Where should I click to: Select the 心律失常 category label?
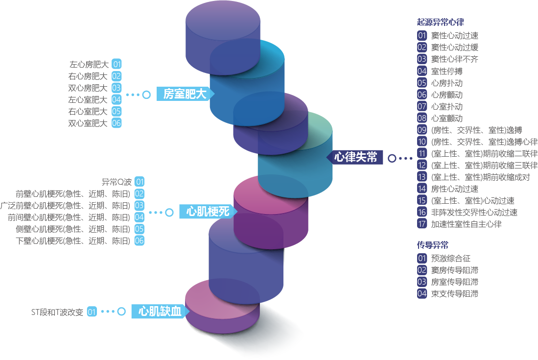coord(356,157)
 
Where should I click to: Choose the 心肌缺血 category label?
coord(160,311)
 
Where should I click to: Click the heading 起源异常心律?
coord(440,22)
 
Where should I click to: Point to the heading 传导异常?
coord(432,245)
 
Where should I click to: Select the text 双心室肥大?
coord(88,123)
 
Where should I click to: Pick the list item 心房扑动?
coord(446,83)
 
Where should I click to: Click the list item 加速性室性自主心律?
coord(466,224)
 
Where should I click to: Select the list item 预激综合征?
coord(450,258)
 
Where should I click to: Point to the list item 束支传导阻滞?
coord(454,293)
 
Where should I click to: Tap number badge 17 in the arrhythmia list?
coord(422,224)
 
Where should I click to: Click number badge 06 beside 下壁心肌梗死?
coord(140,240)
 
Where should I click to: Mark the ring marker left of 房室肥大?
coord(146,94)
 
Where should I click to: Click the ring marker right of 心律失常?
coord(392,158)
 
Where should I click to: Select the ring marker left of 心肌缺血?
coord(121,311)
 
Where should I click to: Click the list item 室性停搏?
coord(446,71)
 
